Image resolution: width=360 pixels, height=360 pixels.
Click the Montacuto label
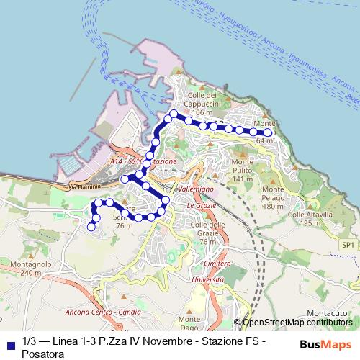(326, 312)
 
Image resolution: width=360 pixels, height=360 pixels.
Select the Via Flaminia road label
(84, 187)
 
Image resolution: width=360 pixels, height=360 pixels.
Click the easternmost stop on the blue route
(269, 132)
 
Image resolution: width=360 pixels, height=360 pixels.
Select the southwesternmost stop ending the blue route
(91, 227)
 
